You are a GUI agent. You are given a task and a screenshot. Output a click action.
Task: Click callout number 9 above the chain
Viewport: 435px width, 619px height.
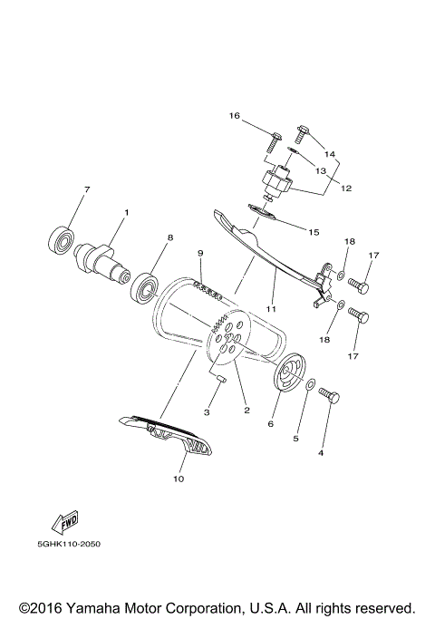click(200, 253)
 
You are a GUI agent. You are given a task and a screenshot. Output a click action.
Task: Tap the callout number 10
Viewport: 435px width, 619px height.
click(179, 479)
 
